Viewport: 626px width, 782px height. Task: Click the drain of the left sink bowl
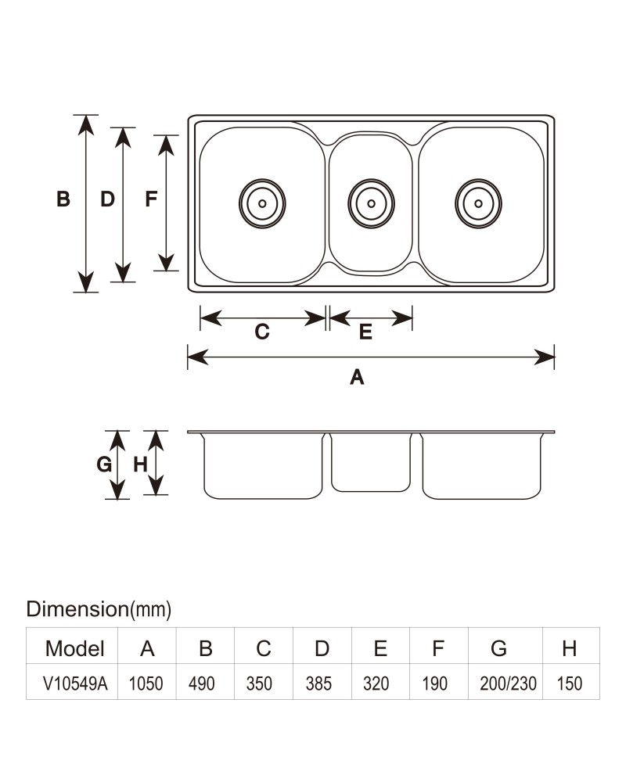point(262,203)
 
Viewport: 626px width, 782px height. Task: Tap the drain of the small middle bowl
point(371,203)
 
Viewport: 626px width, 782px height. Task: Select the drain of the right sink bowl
point(478,203)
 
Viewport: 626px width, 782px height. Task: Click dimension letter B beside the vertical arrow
point(63,199)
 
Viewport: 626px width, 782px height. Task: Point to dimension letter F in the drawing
point(151,199)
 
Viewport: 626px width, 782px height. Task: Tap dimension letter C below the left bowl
point(262,332)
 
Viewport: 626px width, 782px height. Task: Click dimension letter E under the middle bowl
point(365,332)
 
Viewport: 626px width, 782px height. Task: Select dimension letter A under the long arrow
point(357,378)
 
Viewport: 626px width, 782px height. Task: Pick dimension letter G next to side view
point(104,465)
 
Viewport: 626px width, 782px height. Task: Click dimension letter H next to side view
point(140,465)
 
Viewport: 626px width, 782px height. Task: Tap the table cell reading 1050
point(146,683)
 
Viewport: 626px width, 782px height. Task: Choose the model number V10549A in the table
point(75,683)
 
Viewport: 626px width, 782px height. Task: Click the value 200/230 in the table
point(508,683)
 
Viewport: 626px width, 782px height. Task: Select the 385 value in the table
point(318,683)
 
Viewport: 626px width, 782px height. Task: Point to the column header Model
point(75,648)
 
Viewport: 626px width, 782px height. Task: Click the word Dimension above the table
point(77,609)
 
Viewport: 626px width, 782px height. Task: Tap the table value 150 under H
point(570,683)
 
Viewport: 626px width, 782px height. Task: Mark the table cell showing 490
point(202,683)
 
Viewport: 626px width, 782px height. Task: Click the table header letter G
point(498,648)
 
